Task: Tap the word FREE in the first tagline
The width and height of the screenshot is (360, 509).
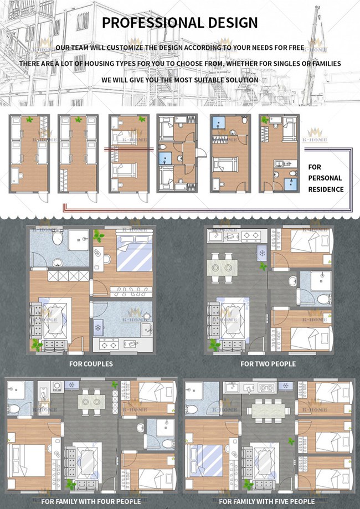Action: (297, 48)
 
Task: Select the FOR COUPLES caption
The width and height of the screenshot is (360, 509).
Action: (91, 364)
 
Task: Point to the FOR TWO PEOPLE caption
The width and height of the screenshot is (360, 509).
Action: (268, 364)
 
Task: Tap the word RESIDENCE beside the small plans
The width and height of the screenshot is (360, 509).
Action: (326, 189)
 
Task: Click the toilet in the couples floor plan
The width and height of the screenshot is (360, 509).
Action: (58, 238)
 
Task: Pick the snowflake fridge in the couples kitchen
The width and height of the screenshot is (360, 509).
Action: (98, 327)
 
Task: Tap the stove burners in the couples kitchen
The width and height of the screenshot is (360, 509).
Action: (109, 344)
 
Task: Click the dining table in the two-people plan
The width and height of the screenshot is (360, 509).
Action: (222, 268)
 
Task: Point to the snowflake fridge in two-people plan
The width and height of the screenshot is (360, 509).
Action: (262, 253)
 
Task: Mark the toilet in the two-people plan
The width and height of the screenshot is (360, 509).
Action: (324, 299)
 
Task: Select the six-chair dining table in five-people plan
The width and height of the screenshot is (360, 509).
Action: (269, 411)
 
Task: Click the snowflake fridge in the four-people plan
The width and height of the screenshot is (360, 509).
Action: (72, 385)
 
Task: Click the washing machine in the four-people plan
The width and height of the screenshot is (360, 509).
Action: (57, 385)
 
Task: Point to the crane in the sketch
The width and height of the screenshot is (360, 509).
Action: (312, 55)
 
